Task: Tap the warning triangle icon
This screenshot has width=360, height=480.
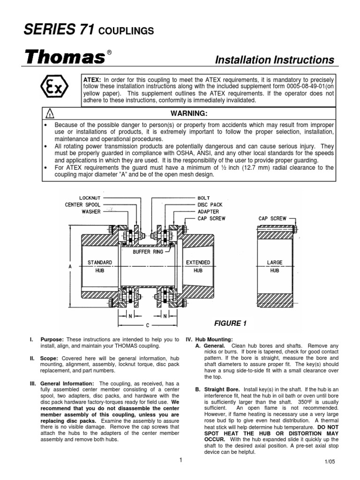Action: pos(51,113)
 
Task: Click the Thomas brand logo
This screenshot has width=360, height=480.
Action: pos(64,58)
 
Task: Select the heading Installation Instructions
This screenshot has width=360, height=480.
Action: pos(274,60)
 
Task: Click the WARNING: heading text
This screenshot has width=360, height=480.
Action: pos(188,113)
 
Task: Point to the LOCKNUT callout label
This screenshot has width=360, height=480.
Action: pos(90,198)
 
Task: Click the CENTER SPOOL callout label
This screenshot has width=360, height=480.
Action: pos(83,204)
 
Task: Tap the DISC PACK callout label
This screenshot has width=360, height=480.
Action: pos(210,204)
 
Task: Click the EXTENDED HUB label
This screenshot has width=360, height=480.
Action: pos(198,266)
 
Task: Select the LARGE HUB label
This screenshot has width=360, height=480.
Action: pos(275,266)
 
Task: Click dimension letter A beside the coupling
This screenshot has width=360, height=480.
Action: pos(70,266)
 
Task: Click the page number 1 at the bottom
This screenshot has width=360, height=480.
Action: pos(180,460)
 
